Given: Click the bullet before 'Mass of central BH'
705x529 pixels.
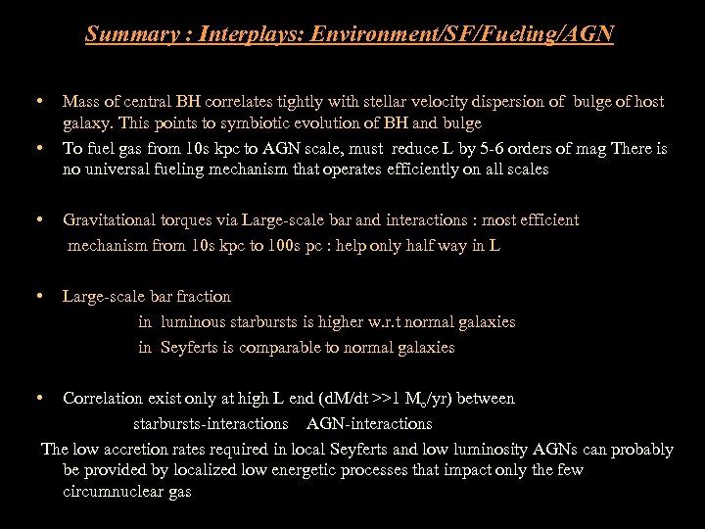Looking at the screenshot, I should (x=37, y=101).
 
